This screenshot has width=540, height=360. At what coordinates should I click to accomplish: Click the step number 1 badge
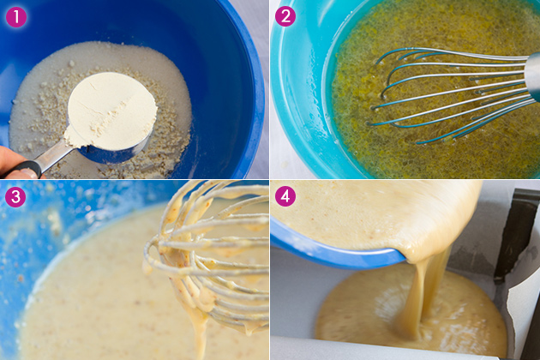(x=16, y=17)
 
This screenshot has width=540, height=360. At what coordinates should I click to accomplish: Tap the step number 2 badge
(x=285, y=15)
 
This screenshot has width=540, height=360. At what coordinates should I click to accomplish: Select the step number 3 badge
(x=15, y=196)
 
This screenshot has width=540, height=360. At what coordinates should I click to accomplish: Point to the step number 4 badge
(x=285, y=196)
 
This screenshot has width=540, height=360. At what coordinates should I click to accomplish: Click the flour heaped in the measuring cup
(x=111, y=111)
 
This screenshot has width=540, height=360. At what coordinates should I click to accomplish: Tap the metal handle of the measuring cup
(x=55, y=157)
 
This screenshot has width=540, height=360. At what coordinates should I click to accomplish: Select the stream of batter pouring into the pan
(x=421, y=297)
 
